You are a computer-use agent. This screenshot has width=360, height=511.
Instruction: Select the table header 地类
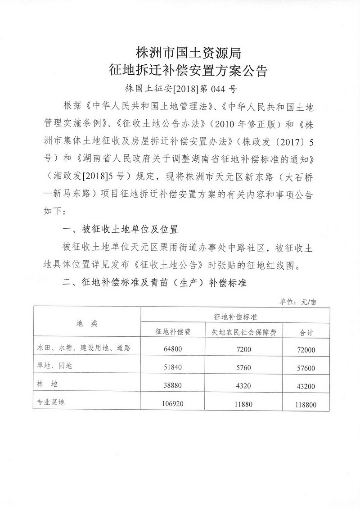coord(87,323)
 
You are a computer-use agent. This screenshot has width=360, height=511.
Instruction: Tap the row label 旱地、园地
coord(55,366)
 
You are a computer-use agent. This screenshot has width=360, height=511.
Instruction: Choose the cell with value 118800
coord(306,405)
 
